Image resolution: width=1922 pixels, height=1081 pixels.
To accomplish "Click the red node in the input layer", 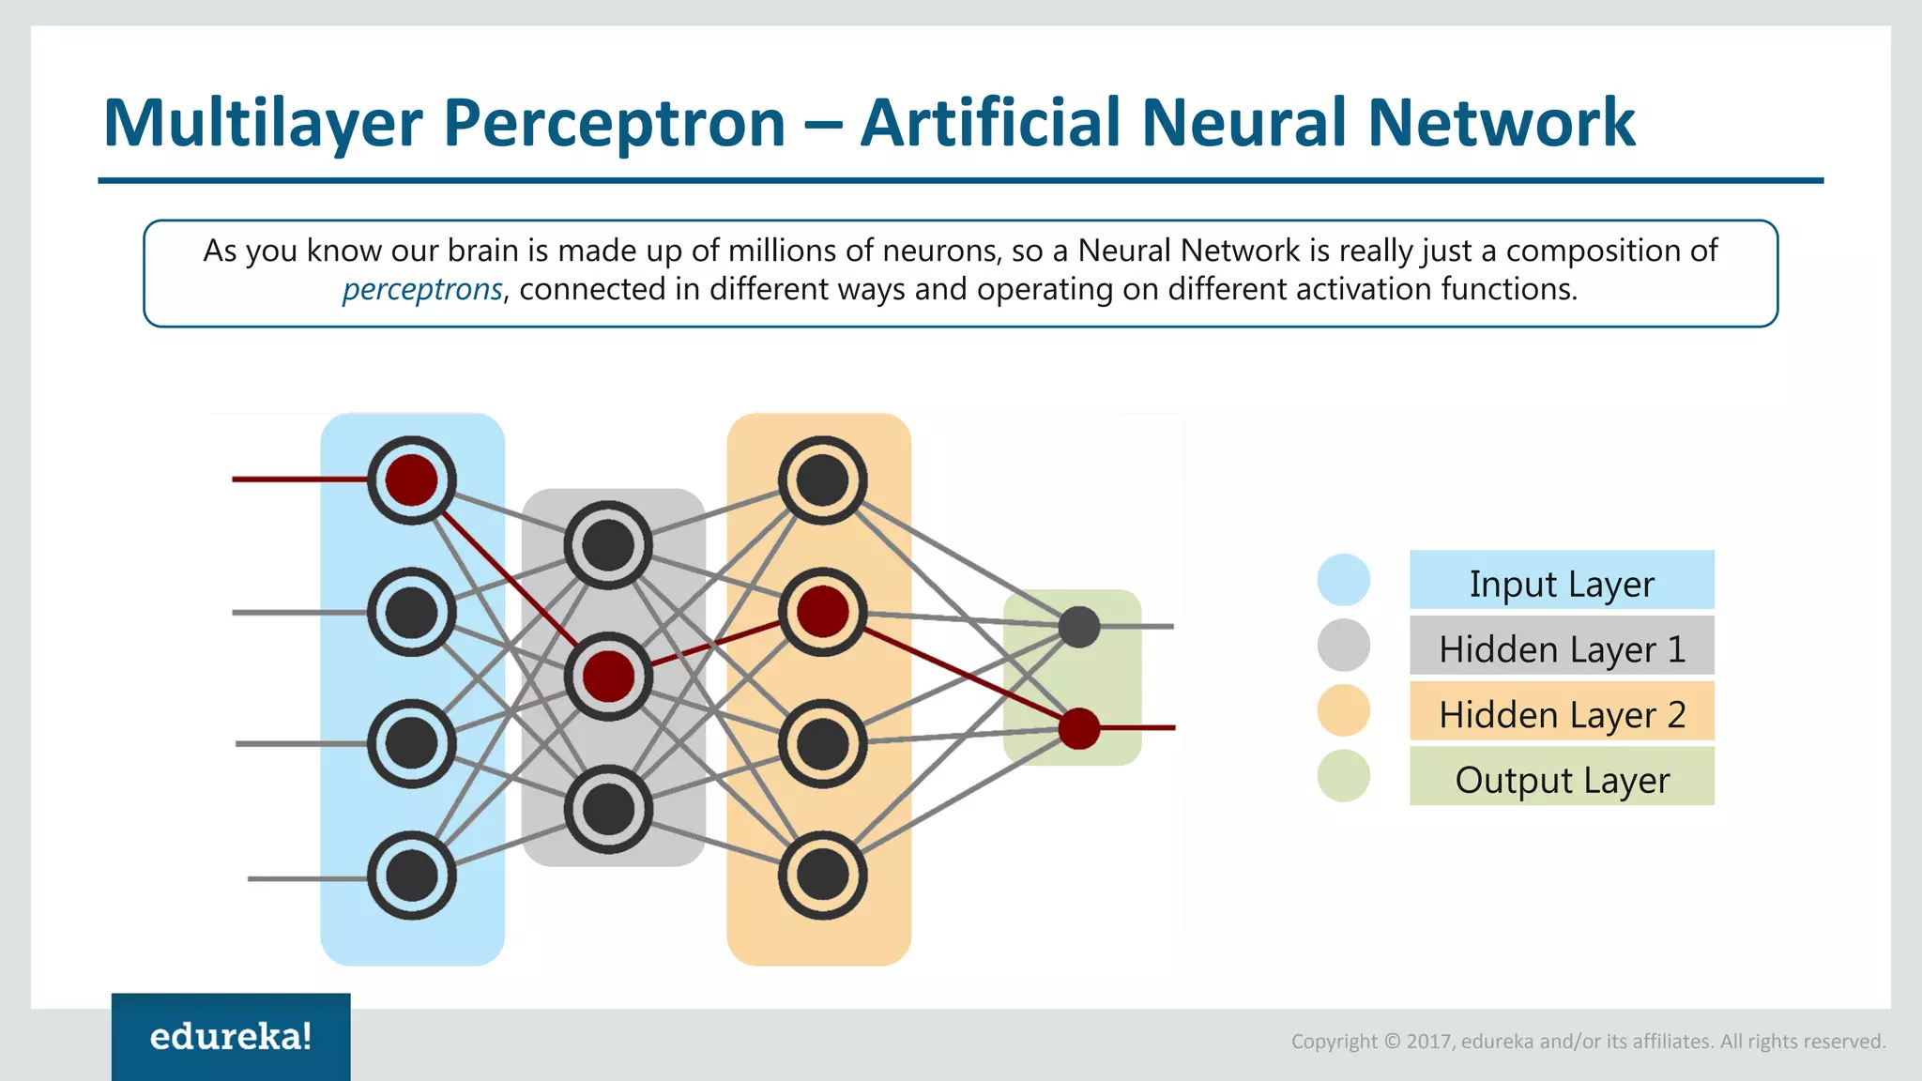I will tap(411, 480).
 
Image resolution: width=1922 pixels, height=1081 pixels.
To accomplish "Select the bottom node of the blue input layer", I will tap(411, 875).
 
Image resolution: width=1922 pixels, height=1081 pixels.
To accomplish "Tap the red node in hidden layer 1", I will tap(608, 676).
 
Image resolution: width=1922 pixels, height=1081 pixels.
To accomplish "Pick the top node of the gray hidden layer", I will tap(608, 545).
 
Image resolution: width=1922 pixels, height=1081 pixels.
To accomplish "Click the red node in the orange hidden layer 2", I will tap(822, 612).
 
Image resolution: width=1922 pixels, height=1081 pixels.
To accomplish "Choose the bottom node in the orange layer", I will tap(822, 875).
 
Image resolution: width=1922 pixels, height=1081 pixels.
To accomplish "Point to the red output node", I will tap(1078, 728).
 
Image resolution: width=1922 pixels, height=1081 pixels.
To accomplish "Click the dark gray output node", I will tap(1078, 627).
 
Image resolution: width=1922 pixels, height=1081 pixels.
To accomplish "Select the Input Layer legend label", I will tap(1561, 583).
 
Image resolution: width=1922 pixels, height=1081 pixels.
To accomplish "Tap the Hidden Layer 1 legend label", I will tap(1561, 648).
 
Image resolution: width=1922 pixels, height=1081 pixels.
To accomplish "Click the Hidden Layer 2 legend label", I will tap(1561, 714).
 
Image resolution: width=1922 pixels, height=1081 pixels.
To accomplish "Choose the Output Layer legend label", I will tap(1561, 779).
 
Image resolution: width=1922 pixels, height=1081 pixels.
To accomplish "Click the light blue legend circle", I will tap(1343, 580).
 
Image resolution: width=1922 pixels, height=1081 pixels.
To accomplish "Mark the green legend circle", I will tap(1343, 776).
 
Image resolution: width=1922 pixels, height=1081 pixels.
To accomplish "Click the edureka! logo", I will tap(231, 1036).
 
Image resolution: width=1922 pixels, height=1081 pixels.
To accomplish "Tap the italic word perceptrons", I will tap(422, 289).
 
